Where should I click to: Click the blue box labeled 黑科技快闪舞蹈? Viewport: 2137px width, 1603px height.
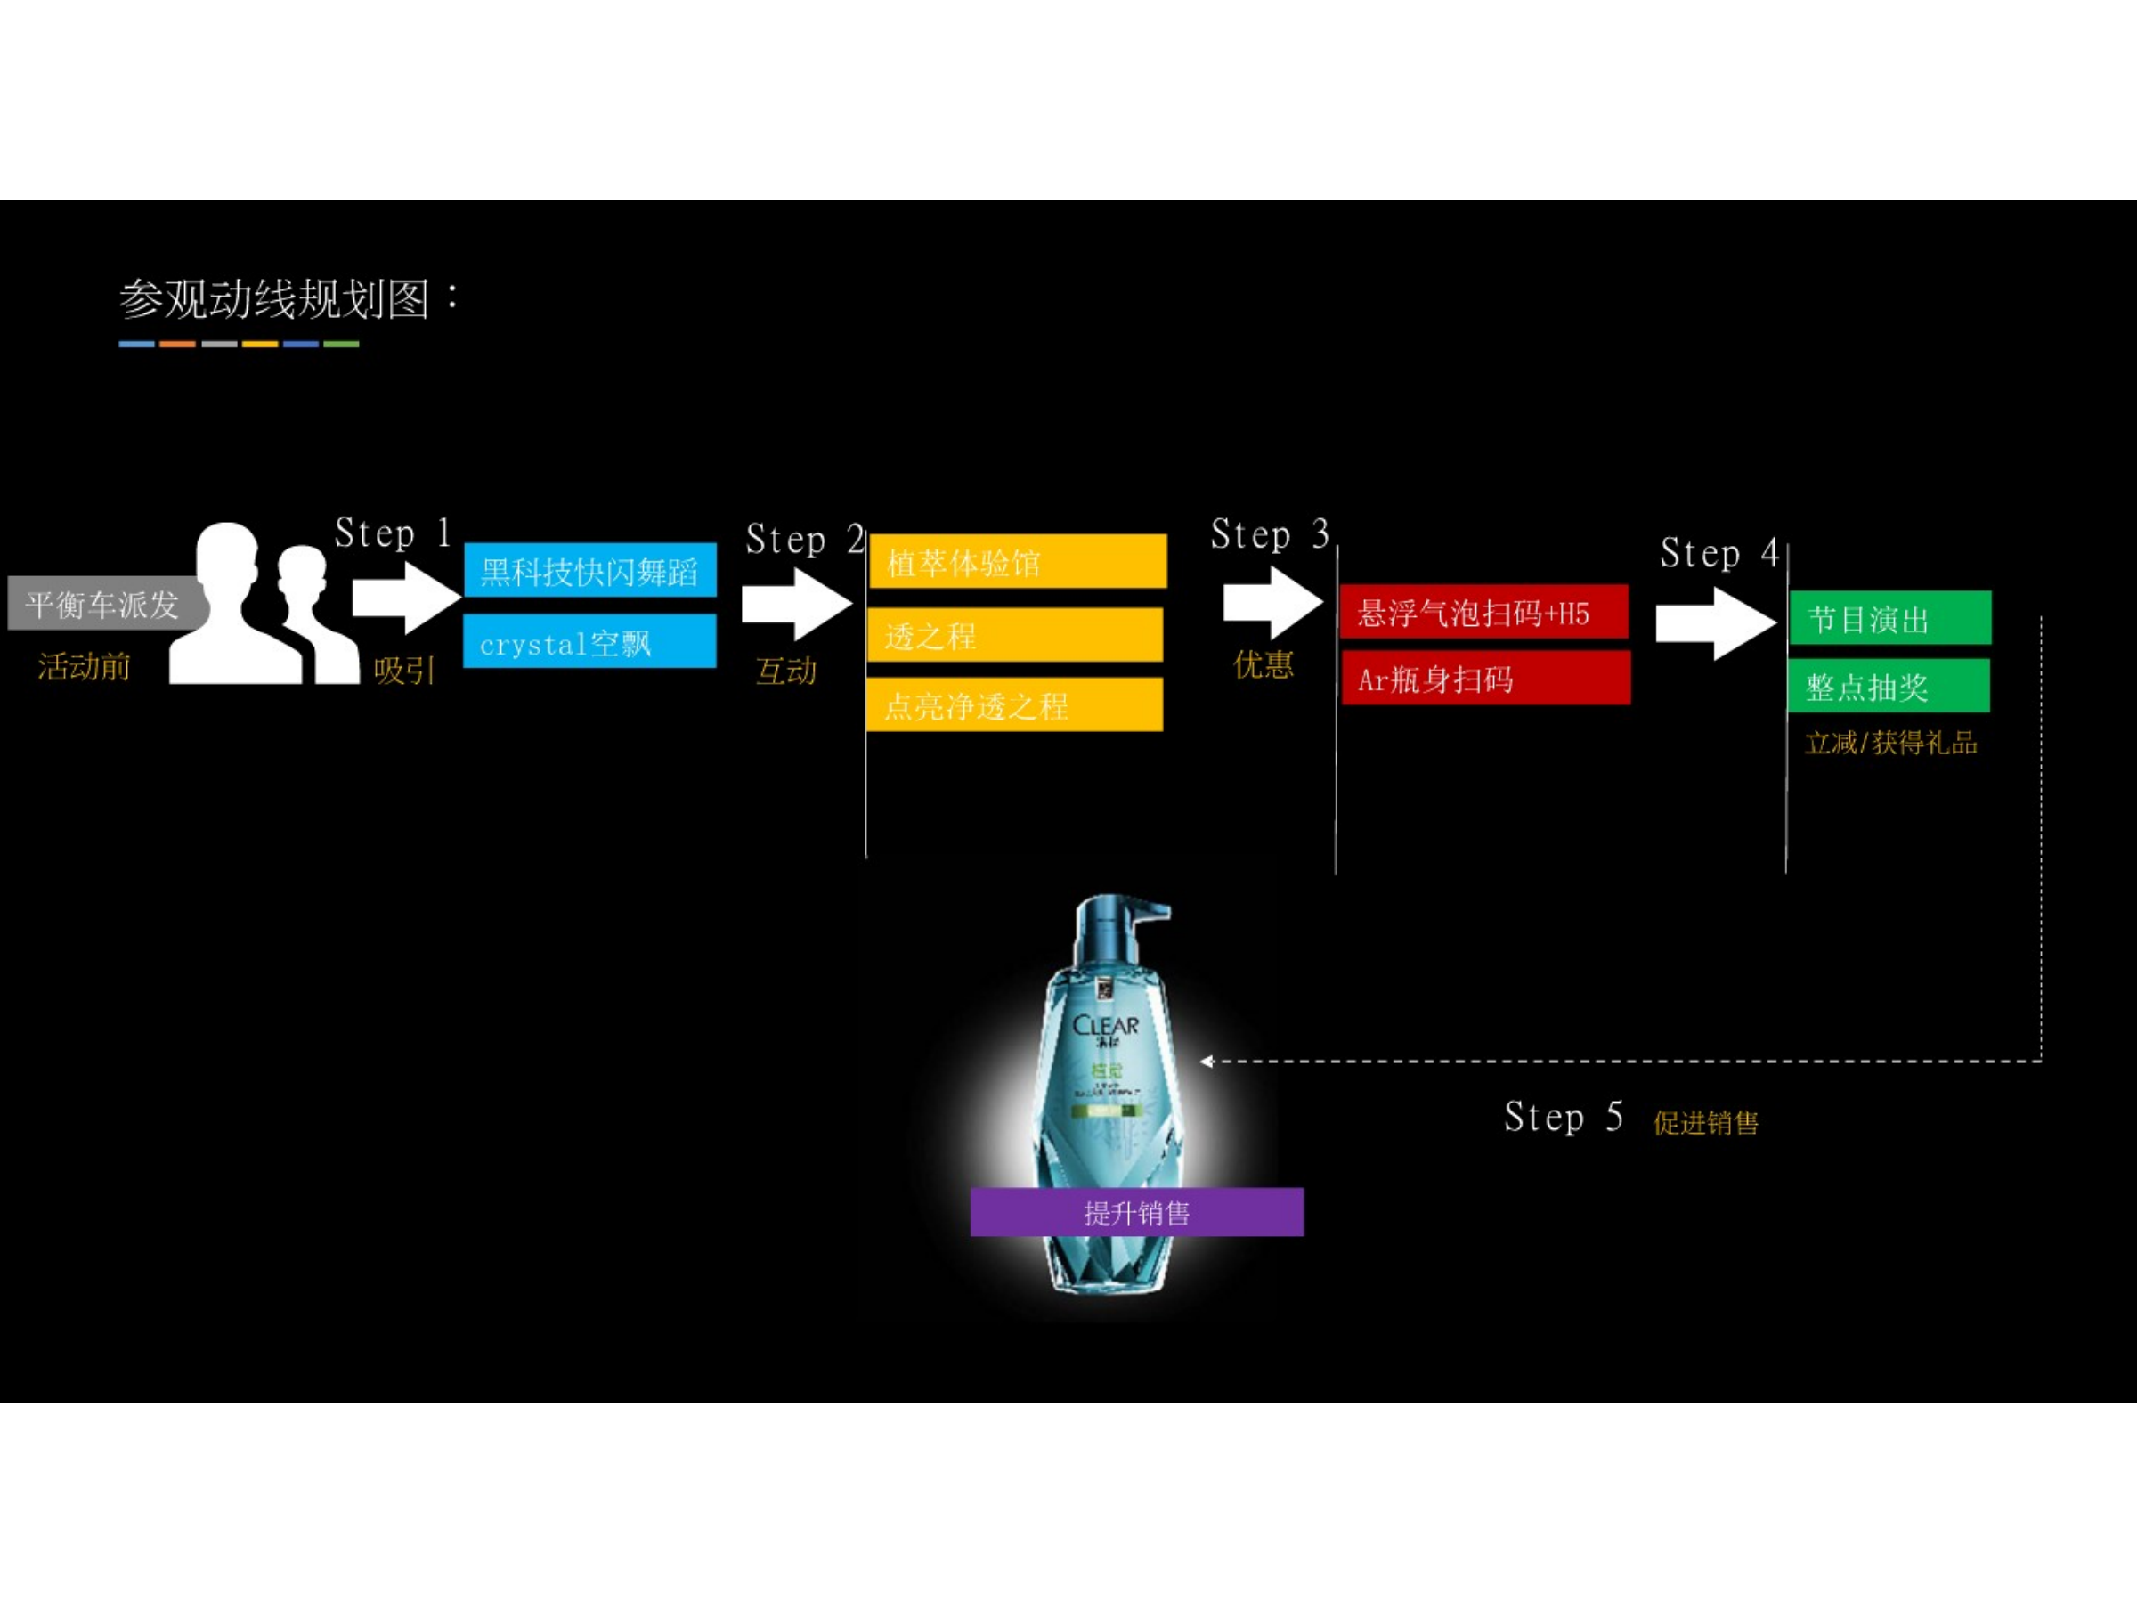coord(589,571)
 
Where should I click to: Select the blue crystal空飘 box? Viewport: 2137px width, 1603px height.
coord(589,641)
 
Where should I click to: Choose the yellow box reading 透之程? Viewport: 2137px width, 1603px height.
coord(1014,635)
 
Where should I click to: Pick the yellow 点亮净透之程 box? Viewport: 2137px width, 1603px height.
coord(1014,705)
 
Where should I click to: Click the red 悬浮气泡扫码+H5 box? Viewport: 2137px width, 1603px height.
coord(1483,612)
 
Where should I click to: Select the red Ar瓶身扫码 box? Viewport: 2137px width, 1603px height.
coord(1485,679)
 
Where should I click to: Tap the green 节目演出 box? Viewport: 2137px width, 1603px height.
coord(1889,617)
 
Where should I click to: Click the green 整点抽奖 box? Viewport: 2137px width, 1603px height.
coord(1889,686)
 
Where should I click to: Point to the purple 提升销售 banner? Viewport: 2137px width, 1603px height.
coord(1136,1213)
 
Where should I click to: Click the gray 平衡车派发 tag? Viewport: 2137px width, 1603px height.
coord(104,604)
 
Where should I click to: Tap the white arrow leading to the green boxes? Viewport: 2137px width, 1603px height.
coord(1715,624)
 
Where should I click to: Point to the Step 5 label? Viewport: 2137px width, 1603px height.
coord(1562,1117)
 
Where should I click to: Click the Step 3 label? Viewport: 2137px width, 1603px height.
coord(1270,534)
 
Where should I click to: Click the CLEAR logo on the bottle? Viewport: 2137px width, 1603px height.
coord(1105,1026)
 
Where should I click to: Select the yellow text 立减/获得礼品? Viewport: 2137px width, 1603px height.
coord(1890,743)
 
